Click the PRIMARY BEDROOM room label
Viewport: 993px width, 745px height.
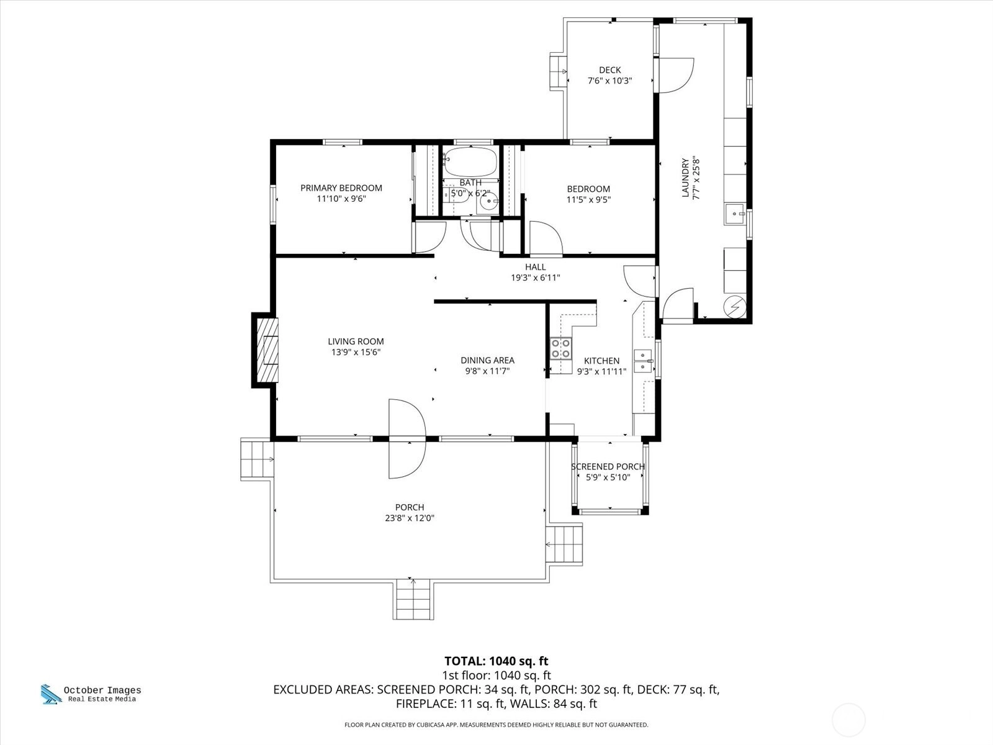341,187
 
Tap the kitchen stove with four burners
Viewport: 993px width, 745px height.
561,349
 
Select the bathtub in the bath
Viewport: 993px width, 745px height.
470,161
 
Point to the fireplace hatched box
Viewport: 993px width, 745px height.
267,350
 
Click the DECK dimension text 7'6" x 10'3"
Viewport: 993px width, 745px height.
609,81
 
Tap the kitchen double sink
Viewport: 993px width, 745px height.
643,361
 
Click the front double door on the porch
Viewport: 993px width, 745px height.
407,439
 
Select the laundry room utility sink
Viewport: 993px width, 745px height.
735,214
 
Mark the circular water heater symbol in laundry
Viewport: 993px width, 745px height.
735,307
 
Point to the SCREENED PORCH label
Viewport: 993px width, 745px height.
608,466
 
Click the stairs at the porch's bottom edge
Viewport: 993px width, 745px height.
413,599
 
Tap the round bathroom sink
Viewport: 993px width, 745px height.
489,202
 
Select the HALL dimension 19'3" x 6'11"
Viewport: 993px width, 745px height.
535,278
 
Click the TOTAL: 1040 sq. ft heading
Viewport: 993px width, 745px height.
496,661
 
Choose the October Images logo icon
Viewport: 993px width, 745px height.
51,694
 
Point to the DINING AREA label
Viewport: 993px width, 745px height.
487,361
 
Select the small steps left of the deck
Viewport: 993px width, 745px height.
558,71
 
